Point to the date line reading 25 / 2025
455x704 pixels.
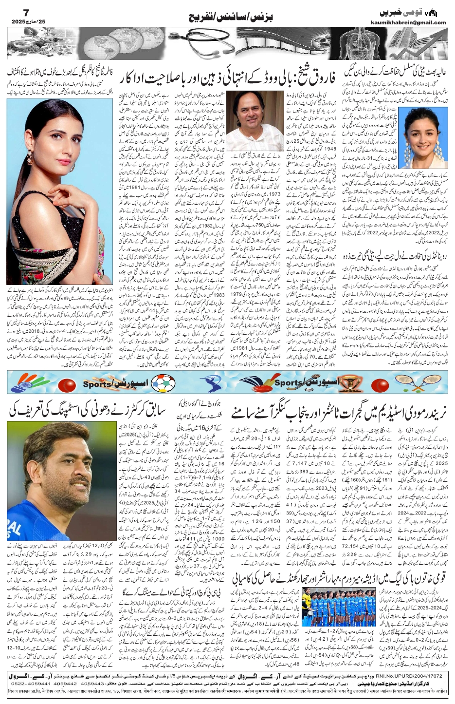(24, 23)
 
